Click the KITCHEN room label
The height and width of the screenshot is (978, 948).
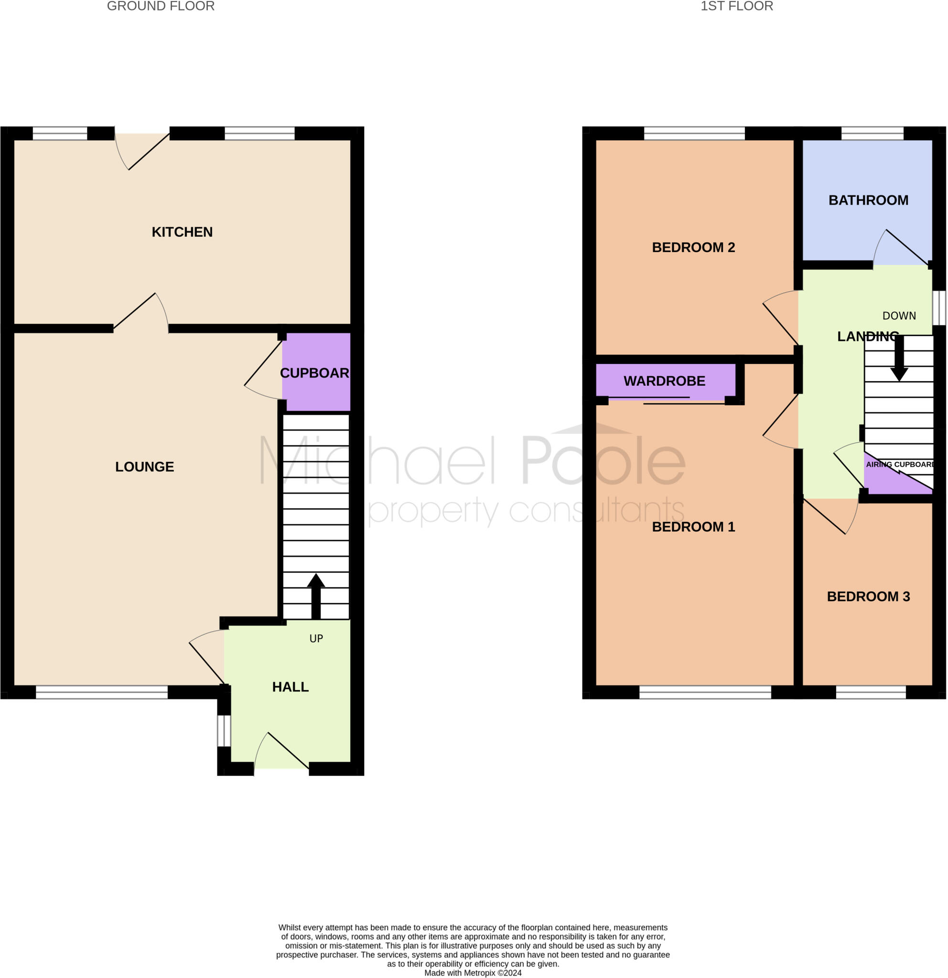click(x=182, y=232)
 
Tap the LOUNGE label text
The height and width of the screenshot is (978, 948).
click(x=145, y=467)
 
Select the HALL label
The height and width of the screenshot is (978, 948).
click(x=291, y=687)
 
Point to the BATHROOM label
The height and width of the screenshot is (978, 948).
click(x=869, y=200)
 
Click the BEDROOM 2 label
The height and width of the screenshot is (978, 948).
click(x=693, y=247)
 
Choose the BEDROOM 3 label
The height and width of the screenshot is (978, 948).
click(x=869, y=597)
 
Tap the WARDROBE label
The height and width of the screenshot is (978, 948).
click(x=665, y=381)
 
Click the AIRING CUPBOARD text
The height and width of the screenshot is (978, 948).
click(x=900, y=465)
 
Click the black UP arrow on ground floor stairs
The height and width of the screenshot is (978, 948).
click(x=316, y=596)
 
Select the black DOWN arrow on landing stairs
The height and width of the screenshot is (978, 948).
click(x=899, y=359)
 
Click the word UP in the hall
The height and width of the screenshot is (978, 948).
click(x=316, y=638)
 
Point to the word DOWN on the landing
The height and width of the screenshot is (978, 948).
click(x=899, y=316)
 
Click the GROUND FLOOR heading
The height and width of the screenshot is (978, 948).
click(x=161, y=6)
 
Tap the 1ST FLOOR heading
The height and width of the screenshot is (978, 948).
click(x=737, y=6)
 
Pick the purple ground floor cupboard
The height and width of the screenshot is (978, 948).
click(x=316, y=372)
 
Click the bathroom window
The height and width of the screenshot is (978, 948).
click(x=873, y=133)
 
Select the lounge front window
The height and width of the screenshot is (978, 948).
click(x=102, y=692)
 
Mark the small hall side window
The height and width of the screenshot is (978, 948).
click(x=224, y=731)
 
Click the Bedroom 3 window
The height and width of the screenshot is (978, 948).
click(x=871, y=692)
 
